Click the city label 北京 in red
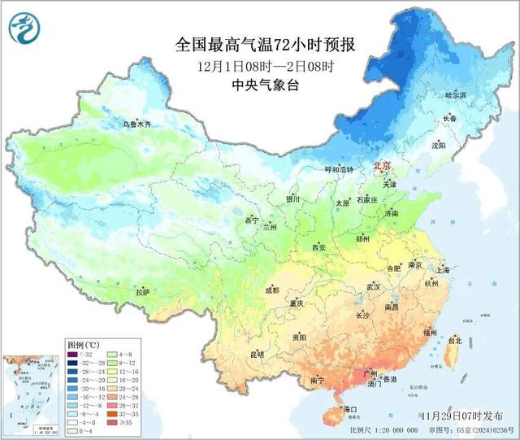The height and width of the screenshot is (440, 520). [x=381, y=166]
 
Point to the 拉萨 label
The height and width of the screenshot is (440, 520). [x=143, y=292]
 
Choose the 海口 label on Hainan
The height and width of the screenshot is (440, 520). [x=350, y=407]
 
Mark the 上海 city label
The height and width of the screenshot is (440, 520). [x=443, y=270]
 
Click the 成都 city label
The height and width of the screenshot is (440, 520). [x=271, y=290]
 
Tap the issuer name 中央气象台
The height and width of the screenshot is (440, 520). [x=271, y=85]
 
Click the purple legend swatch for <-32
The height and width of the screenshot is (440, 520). [x=73, y=355]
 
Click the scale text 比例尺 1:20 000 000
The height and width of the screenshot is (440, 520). [x=382, y=429]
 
